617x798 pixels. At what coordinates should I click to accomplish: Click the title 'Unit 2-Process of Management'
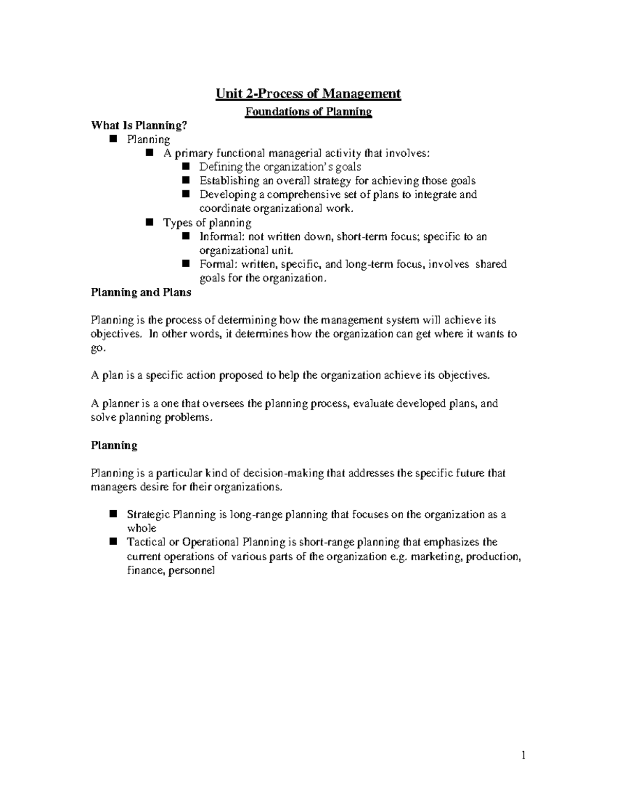(x=308, y=94)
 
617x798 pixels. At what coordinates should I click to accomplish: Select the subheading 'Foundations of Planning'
(x=308, y=112)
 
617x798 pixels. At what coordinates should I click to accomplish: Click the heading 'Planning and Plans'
(x=141, y=292)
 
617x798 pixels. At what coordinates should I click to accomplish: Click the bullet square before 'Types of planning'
(x=150, y=222)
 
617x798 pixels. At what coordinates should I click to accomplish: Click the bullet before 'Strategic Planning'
(x=114, y=514)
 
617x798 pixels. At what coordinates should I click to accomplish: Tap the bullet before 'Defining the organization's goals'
(x=186, y=166)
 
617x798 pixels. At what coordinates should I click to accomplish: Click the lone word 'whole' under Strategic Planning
(x=141, y=528)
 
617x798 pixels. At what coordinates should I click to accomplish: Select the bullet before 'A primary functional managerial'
(x=150, y=153)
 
